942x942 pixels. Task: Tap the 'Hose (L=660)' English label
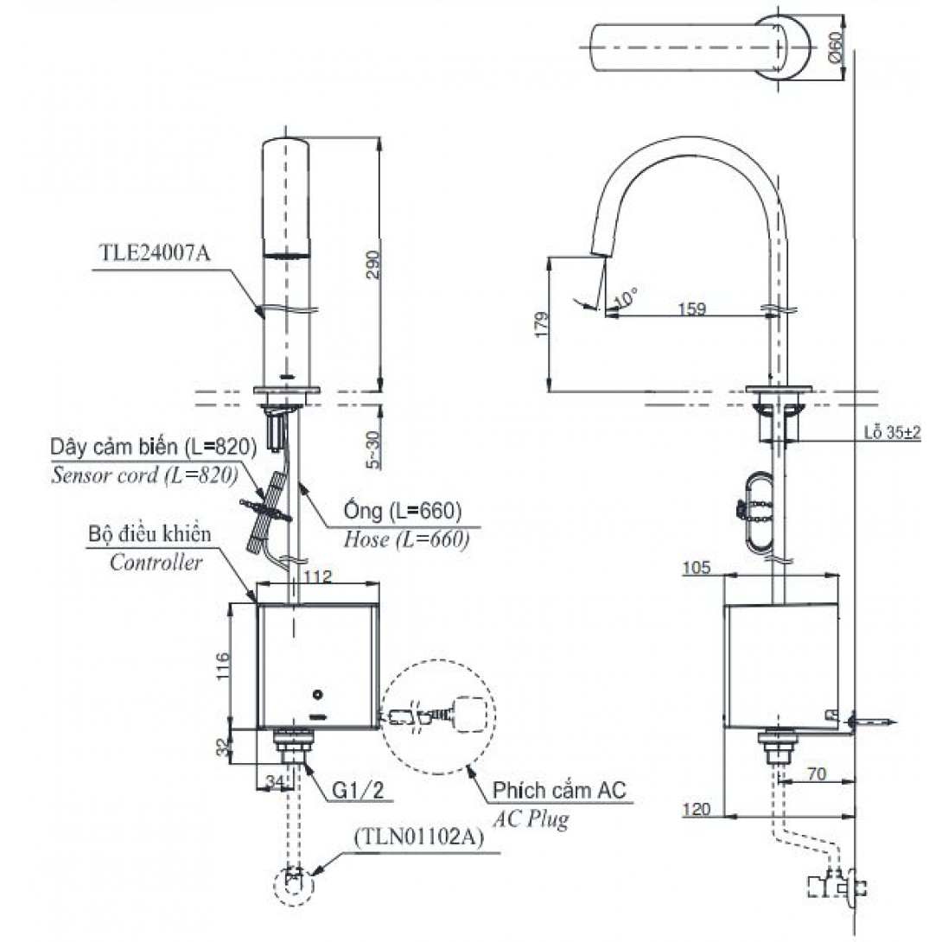(x=406, y=539)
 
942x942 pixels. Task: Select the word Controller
(x=156, y=563)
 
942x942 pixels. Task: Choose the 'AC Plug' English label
(x=531, y=818)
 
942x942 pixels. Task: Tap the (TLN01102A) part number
(x=417, y=837)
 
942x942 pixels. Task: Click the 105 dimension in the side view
(x=696, y=568)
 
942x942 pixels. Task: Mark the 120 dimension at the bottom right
(x=696, y=810)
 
